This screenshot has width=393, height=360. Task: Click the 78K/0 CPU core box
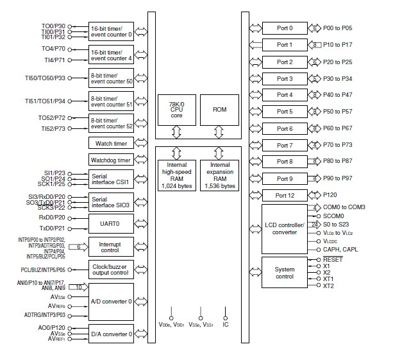[x=176, y=110]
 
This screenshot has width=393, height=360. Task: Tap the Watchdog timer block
[x=111, y=160]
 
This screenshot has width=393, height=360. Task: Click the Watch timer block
[x=111, y=143]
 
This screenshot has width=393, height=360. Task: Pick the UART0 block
[x=111, y=223]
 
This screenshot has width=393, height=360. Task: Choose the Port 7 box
[x=284, y=146]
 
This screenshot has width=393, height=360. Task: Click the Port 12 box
[x=284, y=195]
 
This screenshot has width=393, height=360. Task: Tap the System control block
[x=284, y=273]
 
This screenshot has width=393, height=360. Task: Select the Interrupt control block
[x=111, y=246]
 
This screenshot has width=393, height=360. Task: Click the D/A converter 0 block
[x=111, y=334]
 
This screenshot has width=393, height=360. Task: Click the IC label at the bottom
[x=226, y=325]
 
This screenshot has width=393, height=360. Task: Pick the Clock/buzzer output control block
[x=111, y=270]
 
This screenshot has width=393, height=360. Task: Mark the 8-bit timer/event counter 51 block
[x=111, y=101]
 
